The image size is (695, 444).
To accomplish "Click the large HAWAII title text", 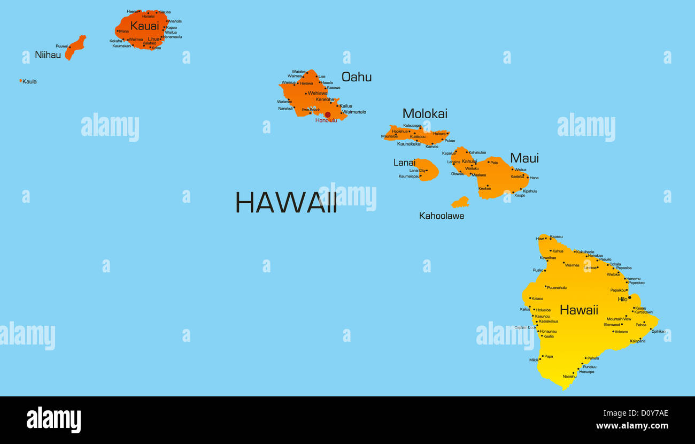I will pos(286,203).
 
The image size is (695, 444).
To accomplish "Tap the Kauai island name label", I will pos(144,26).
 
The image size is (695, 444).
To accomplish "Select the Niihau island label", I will pos(48,55).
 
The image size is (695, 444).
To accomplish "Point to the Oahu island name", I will pos(356,77).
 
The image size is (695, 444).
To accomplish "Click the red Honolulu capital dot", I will pos(328,114).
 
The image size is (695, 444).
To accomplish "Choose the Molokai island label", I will pos(424,113).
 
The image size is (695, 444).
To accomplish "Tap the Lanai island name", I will pos(404,163).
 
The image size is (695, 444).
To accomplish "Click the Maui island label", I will pos(524,158).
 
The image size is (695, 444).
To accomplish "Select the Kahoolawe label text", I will pos(441,216).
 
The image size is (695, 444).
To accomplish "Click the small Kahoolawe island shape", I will pos(460,202).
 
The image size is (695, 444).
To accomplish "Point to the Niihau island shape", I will pos(75,47).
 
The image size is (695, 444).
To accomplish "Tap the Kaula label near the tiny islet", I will pos(29,82).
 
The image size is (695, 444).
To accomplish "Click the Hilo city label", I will pos(622,300).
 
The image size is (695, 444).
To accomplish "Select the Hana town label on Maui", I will pos(534,178).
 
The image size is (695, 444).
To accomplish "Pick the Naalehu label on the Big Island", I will pos(569,377).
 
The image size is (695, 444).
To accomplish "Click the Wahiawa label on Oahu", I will pos(318,93).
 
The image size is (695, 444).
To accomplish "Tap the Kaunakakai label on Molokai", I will pos(409,144).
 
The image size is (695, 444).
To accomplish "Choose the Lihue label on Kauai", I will pos(153,39).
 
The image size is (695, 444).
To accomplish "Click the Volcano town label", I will pos(621,332).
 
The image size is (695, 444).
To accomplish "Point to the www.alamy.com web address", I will pos(632,426).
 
